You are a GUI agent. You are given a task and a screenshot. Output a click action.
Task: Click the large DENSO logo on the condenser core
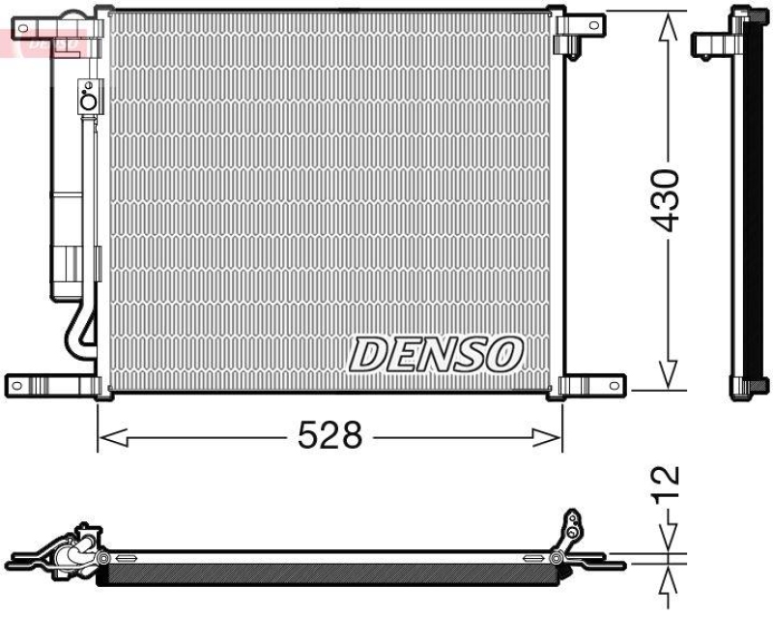pos(436,355)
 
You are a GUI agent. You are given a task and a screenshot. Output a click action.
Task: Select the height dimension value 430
pos(667,200)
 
